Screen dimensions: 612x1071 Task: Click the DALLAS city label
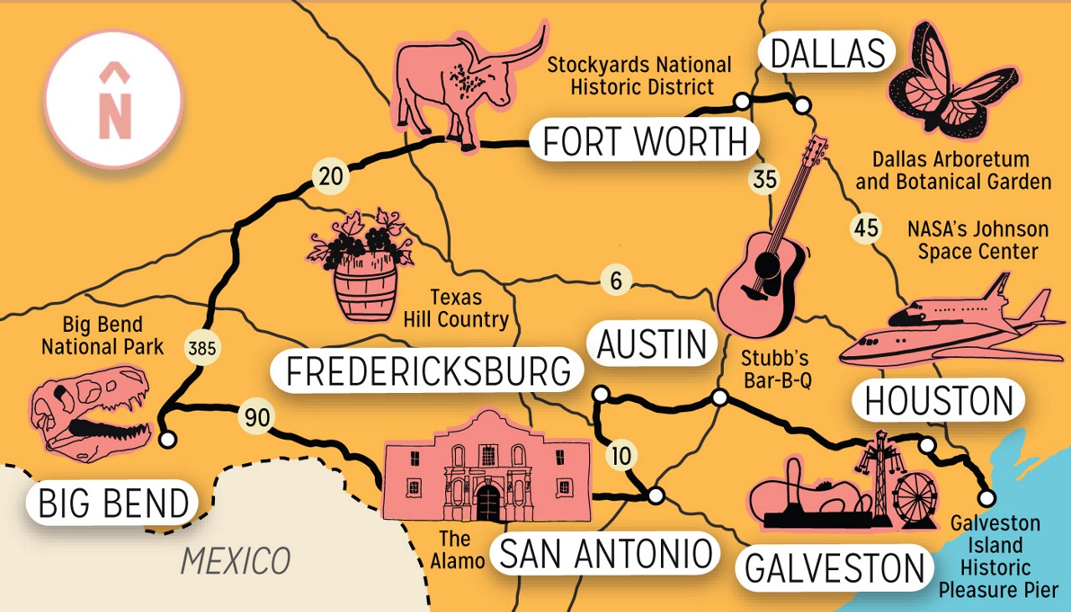tap(827, 54)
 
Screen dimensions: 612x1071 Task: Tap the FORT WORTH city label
tap(644, 141)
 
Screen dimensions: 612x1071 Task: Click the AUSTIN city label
tap(653, 344)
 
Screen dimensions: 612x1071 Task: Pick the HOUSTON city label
tap(938, 402)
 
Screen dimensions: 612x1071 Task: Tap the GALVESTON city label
tap(834, 569)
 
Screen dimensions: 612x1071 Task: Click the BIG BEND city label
tap(114, 504)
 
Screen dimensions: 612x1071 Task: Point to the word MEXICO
tap(235, 560)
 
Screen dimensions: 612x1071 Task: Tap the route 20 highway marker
tap(328, 177)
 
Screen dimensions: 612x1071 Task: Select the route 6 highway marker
tap(616, 281)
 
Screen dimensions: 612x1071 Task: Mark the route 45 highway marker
tap(866, 227)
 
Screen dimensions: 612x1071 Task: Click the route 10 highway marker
tap(621, 456)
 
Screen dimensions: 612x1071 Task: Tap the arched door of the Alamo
tap(488, 503)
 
